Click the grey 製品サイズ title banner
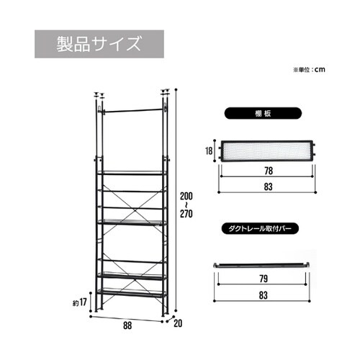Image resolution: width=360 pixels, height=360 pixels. click(99, 44)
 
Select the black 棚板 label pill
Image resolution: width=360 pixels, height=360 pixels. click(263, 113)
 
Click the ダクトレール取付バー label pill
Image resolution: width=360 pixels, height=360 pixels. click(260, 229)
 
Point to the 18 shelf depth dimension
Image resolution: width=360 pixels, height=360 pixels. click(209, 151)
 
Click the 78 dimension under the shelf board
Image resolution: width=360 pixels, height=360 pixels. click(269, 171)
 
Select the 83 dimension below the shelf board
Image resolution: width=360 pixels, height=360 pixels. click(268, 186)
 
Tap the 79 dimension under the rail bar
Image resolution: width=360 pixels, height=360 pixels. click(264, 279)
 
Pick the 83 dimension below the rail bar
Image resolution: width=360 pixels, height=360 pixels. click(264, 295)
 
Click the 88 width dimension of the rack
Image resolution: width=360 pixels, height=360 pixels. click(127, 325)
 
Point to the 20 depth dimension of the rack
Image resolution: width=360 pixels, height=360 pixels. click(178, 323)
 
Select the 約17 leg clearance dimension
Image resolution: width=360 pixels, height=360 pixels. click(80, 302)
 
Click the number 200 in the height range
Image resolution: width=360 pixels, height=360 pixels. click(186, 196)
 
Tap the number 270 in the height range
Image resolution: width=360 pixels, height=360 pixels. click(186, 214)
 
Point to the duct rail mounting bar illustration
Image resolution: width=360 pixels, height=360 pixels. click(261, 265)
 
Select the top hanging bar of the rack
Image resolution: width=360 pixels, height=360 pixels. click(133, 110)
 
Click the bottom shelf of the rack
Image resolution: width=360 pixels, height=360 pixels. click(132, 293)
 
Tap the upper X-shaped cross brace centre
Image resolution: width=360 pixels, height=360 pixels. click(135, 211)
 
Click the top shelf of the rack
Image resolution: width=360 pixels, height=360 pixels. click(132, 173)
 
